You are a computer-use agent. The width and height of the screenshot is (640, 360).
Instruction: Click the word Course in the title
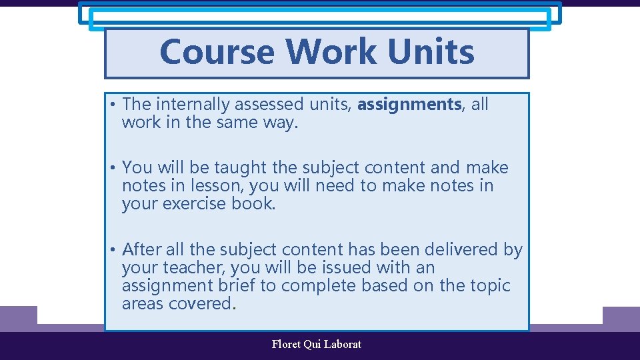[217, 51]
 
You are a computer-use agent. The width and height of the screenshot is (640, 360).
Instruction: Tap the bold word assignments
[409, 104]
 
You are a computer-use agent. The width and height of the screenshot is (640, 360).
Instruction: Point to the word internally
[199, 104]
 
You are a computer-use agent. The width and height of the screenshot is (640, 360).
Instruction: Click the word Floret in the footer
[286, 344]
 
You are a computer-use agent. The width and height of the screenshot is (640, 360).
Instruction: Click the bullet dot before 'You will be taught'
[114, 168]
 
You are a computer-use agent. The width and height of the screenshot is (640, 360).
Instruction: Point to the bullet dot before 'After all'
[114, 250]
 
